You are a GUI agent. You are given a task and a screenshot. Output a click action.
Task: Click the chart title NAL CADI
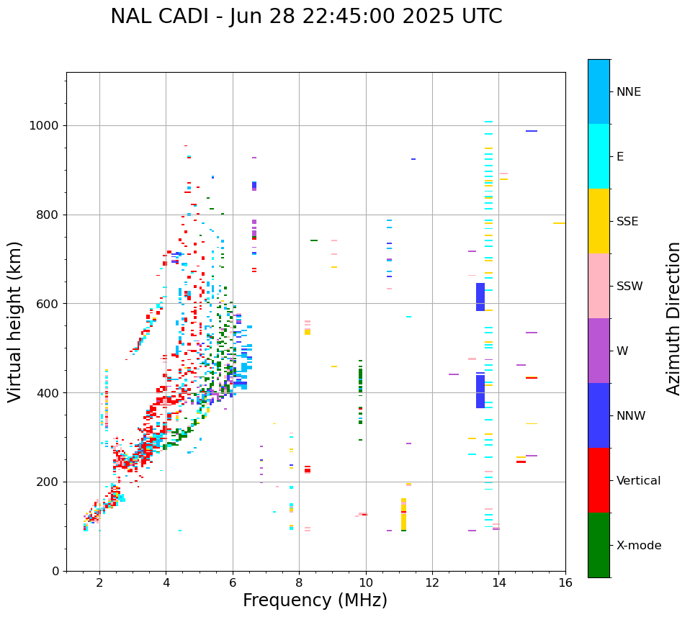tap(306, 17)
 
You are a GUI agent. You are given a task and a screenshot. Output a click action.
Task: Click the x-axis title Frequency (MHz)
tap(315, 600)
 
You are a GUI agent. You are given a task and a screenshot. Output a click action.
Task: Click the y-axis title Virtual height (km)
tap(15, 322)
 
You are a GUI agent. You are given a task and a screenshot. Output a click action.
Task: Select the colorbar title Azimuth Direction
tap(673, 318)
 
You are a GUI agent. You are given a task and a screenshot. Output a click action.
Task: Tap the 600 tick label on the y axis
tap(47, 304)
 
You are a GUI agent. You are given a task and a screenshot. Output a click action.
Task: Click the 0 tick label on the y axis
tap(55, 571)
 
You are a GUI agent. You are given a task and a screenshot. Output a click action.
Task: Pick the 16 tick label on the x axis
tap(565, 582)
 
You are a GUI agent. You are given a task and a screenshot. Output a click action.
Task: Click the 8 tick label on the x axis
tap(299, 582)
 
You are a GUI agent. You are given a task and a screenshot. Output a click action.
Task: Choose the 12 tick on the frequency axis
tap(432, 582)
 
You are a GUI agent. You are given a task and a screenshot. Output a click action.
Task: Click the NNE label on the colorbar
tap(629, 92)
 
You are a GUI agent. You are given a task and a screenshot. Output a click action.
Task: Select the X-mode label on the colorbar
tap(639, 546)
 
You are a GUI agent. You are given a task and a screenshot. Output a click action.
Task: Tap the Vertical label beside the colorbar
tap(638, 481)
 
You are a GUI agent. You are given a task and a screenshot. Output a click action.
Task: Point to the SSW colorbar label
tap(629, 287)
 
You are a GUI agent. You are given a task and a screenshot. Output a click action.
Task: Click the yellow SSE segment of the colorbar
tap(599, 221)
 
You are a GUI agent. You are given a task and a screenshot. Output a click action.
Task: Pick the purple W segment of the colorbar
tap(599, 351)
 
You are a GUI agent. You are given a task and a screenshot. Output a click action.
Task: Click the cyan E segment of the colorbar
tap(599, 156)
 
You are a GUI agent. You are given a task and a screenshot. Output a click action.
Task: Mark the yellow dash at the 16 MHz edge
tap(559, 223)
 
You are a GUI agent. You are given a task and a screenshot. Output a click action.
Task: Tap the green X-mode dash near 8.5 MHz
tap(314, 240)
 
